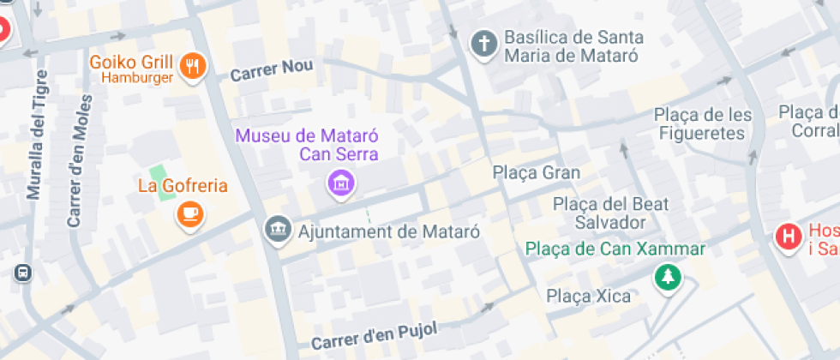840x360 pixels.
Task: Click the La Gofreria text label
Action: click(183, 185)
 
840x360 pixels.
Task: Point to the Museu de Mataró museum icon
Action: click(341, 181)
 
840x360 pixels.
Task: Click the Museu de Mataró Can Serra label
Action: click(307, 145)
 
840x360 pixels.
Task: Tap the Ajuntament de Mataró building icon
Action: click(277, 231)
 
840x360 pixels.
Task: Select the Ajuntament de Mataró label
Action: click(388, 231)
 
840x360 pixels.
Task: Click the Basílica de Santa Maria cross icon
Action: click(484, 44)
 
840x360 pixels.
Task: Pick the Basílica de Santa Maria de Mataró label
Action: click(573, 46)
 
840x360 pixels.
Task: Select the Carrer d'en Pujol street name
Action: click(375, 334)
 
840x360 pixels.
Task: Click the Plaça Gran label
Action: click(537, 172)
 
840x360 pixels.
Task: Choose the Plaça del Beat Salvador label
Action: click(611, 213)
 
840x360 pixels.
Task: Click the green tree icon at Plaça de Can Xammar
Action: click(666, 276)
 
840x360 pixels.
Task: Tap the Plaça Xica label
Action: click(589, 297)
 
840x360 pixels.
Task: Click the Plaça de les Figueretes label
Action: click(703, 123)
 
